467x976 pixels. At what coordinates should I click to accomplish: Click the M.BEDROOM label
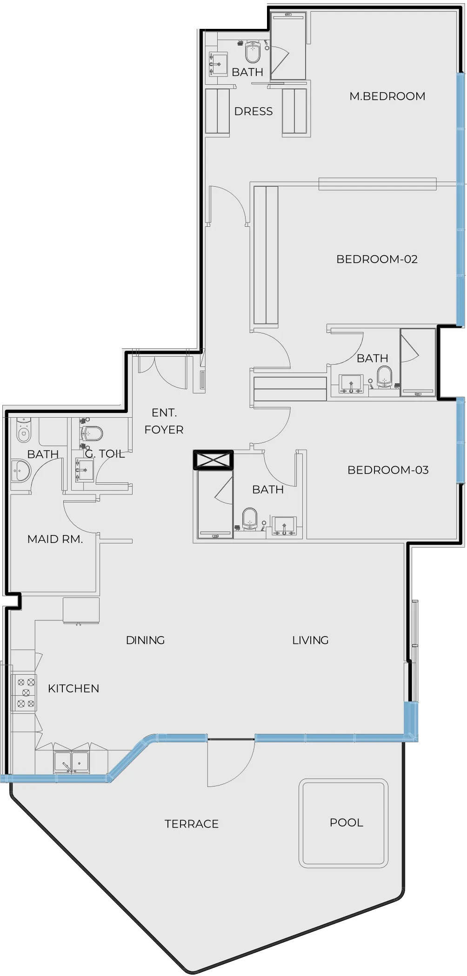387,96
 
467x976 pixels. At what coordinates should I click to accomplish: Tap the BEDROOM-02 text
377,259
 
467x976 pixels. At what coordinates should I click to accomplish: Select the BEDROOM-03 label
388,470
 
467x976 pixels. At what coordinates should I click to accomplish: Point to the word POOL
346,822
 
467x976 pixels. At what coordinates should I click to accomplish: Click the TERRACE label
191,824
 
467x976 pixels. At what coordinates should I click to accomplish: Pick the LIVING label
310,640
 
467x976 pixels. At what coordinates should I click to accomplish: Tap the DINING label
145,640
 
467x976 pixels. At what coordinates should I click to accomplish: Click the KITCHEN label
73,688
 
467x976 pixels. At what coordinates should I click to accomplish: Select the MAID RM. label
55,539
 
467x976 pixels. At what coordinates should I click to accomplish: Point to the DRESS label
253,111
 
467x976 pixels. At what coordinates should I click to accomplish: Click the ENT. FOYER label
164,421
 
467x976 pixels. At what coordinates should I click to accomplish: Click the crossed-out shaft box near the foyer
213,460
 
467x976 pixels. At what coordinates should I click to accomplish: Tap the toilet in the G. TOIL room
92,433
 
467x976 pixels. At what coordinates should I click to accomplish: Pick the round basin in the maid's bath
20,471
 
